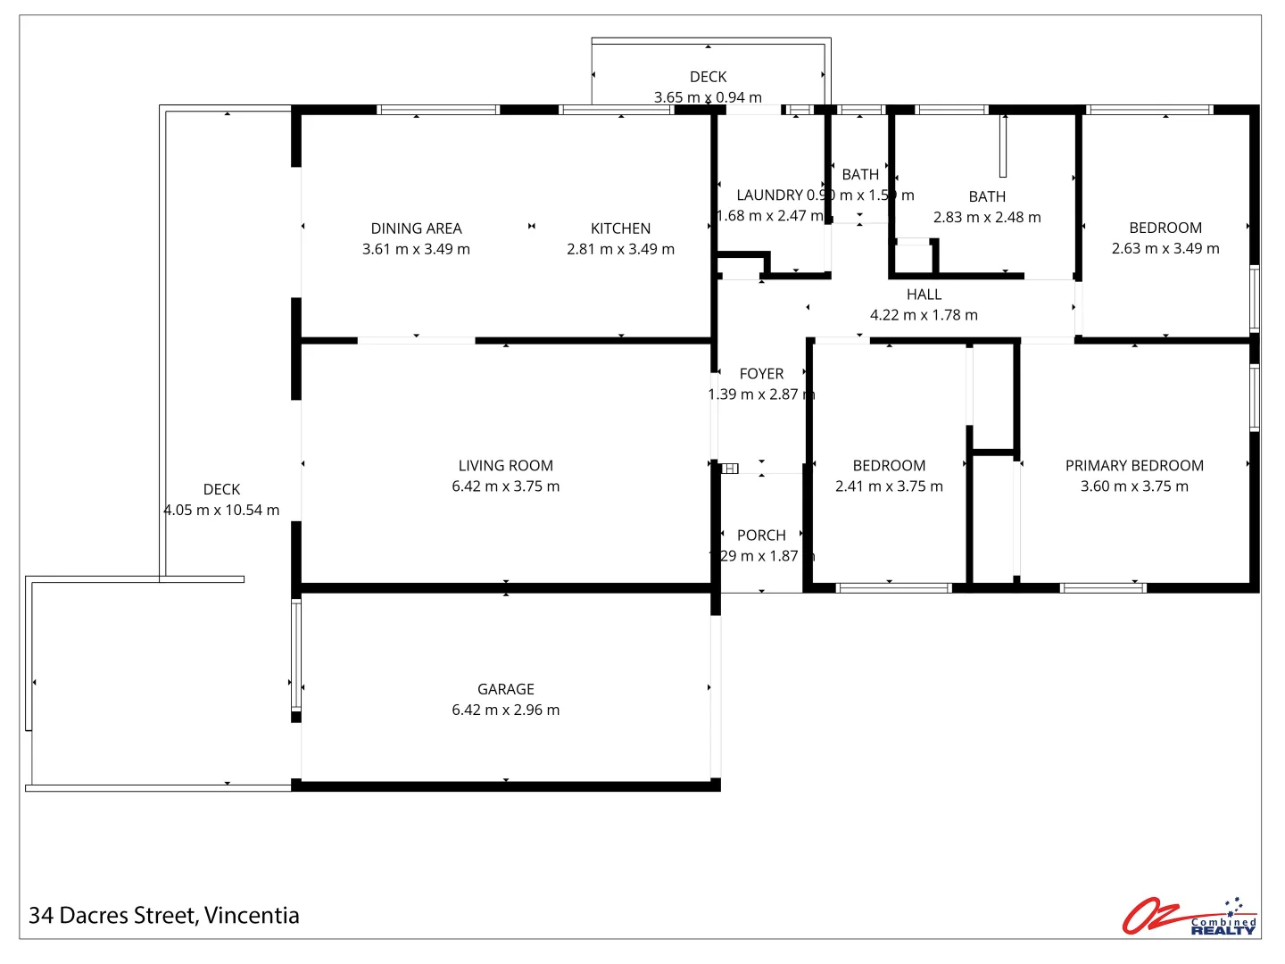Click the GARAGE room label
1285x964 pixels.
pos(505,689)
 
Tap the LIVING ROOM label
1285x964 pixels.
pos(505,466)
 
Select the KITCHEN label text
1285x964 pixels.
pos(620,229)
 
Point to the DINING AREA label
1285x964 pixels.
pos(416,229)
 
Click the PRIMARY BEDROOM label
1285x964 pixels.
pos(1134,466)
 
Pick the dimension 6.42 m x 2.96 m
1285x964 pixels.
pos(505,710)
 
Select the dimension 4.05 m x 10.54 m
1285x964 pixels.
pos(221,510)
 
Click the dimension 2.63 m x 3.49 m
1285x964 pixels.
pos(1165,248)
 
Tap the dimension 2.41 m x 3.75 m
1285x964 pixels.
pos(889,486)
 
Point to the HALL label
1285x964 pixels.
pos(924,295)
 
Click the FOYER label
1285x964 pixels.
pos(761,374)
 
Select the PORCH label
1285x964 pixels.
pos(761,536)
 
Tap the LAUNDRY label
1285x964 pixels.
pos(769,195)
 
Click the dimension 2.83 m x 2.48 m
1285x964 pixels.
pos(987,217)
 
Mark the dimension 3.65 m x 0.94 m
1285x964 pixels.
pos(708,97)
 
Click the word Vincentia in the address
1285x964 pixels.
pos(252,916)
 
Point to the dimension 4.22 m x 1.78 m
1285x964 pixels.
pos(924,315)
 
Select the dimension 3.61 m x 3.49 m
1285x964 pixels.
pos(416,249)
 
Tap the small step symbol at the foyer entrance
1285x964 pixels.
pos(730,468)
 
